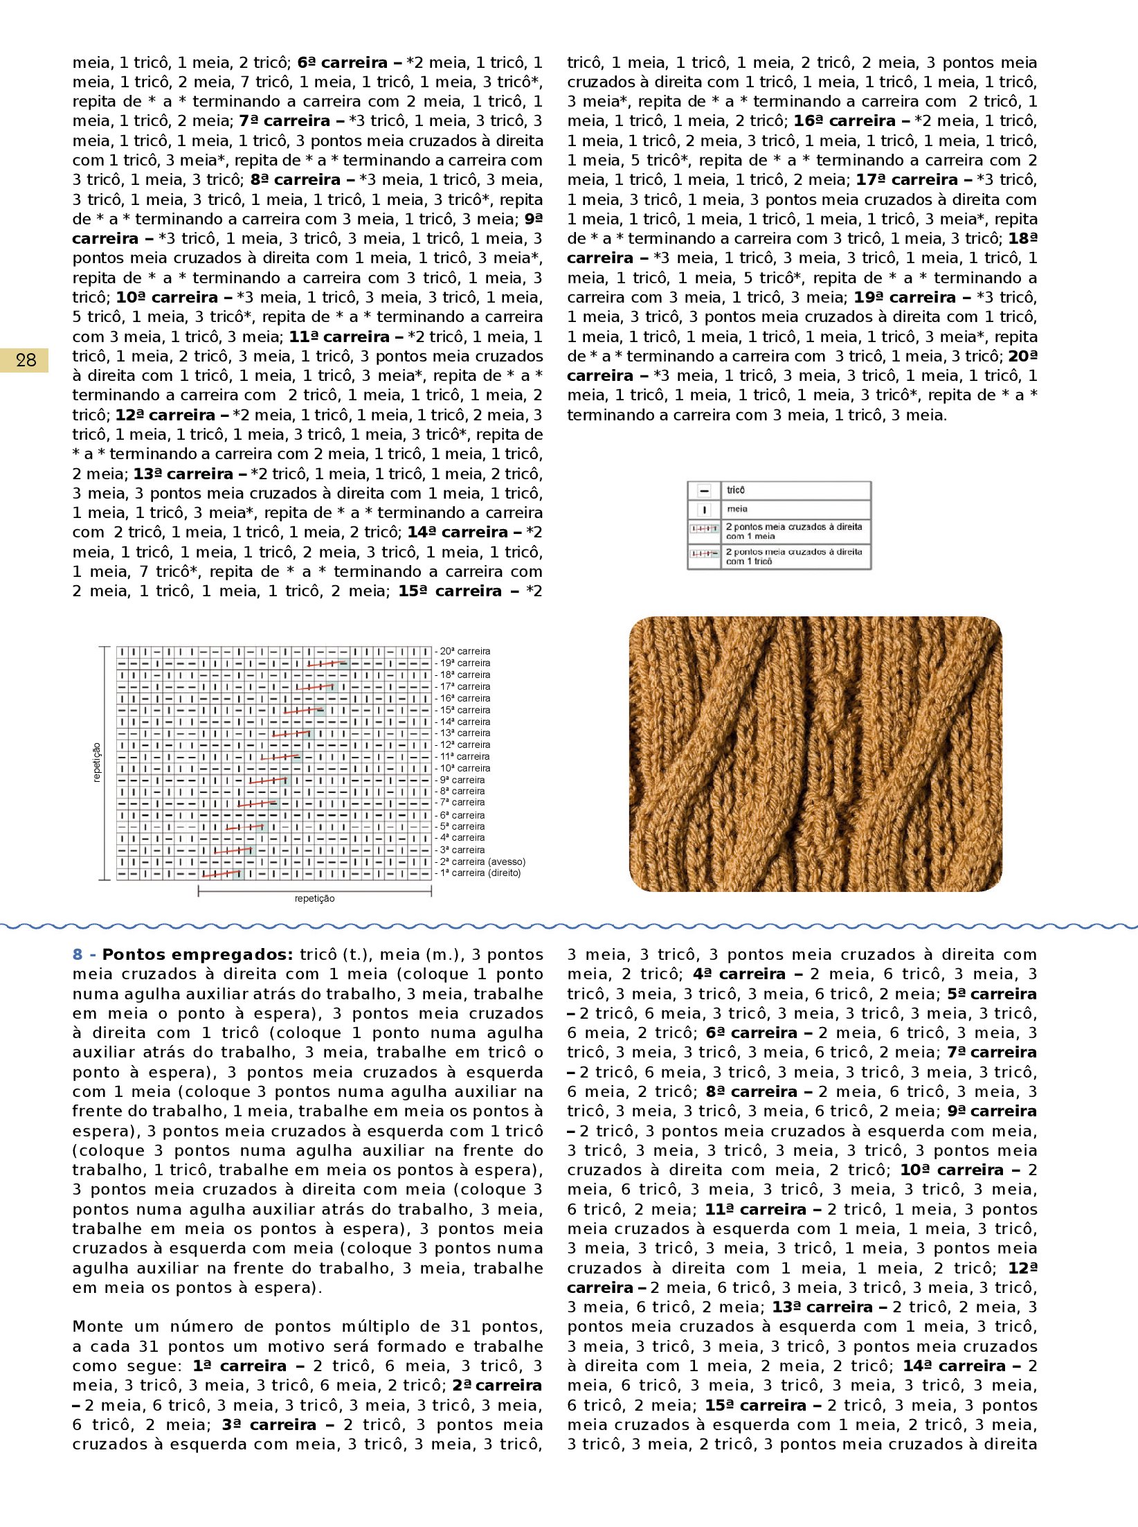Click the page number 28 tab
tap(26, 360)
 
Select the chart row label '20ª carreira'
tap(464, 651)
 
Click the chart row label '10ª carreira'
tap(464, 768)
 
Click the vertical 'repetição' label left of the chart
tap(96, 762)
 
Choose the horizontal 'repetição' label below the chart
tap(314, 898)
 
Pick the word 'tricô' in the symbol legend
tap(736, 490)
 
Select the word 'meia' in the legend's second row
tap(737, 509)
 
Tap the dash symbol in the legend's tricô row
tap(704, 491)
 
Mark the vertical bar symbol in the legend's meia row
tap(704, 510)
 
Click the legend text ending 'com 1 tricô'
tap(794, 556)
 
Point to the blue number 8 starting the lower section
tap(78, 954)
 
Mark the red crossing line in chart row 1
tap(222, 874)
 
